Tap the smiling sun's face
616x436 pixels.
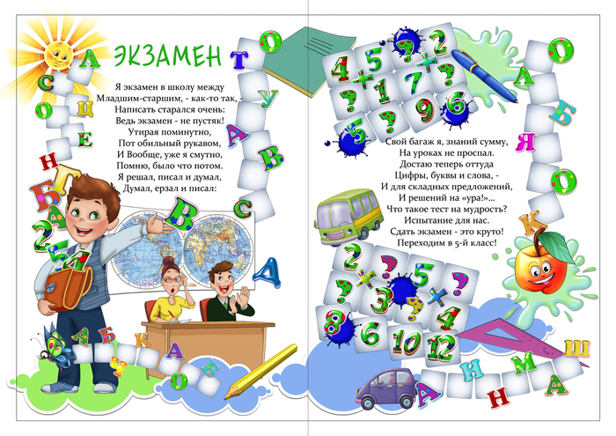point(57,55)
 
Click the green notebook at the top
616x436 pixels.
point(309,61)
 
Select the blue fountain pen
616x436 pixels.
point(484,76)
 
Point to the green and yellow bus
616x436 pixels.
point(348,216)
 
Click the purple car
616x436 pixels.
point(387,388)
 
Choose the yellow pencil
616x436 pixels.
point(260,371)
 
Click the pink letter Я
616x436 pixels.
point(524,143)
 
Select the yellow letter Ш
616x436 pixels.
point(577,348)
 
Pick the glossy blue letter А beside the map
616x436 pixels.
point(268,273)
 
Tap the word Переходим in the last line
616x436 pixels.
point(418,243)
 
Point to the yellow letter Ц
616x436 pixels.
point(84,108)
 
